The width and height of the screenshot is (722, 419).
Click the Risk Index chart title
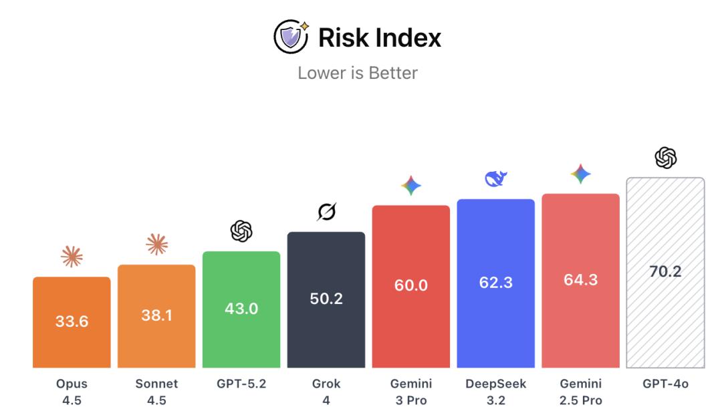click(379, 37)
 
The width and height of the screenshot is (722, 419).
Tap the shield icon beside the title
click(291, 37)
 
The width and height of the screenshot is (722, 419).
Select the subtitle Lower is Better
click(358, 73)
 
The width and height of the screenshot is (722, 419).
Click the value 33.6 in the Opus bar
click(72, 321)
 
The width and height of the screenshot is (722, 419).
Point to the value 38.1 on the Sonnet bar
click(156, 315)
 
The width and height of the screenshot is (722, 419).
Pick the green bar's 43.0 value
click(241, 309)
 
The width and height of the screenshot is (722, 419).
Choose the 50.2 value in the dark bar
click(326, 299)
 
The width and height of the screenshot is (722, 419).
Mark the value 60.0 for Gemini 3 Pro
click(411, 285)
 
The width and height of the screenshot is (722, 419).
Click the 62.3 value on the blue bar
click(496, 282)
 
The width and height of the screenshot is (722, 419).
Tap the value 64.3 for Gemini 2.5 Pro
click(580, 279)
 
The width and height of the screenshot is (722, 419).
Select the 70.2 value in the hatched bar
click(665, 271)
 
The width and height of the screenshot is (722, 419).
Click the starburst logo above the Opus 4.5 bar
click(72, 257)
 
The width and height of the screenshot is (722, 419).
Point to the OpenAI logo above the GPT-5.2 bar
click(241, 231)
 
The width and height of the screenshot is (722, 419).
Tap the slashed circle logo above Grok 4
click(326, 212)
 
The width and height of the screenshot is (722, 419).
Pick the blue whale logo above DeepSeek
click(496, 178)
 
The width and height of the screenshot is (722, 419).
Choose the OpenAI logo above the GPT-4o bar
click(665, 158)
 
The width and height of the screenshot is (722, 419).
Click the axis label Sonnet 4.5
click(156, 392)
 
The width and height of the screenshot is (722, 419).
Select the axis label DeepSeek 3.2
click(496, 392)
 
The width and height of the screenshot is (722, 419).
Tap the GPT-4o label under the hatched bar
click(665, 384)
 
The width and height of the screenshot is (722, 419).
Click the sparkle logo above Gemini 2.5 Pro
click(580, 174)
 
